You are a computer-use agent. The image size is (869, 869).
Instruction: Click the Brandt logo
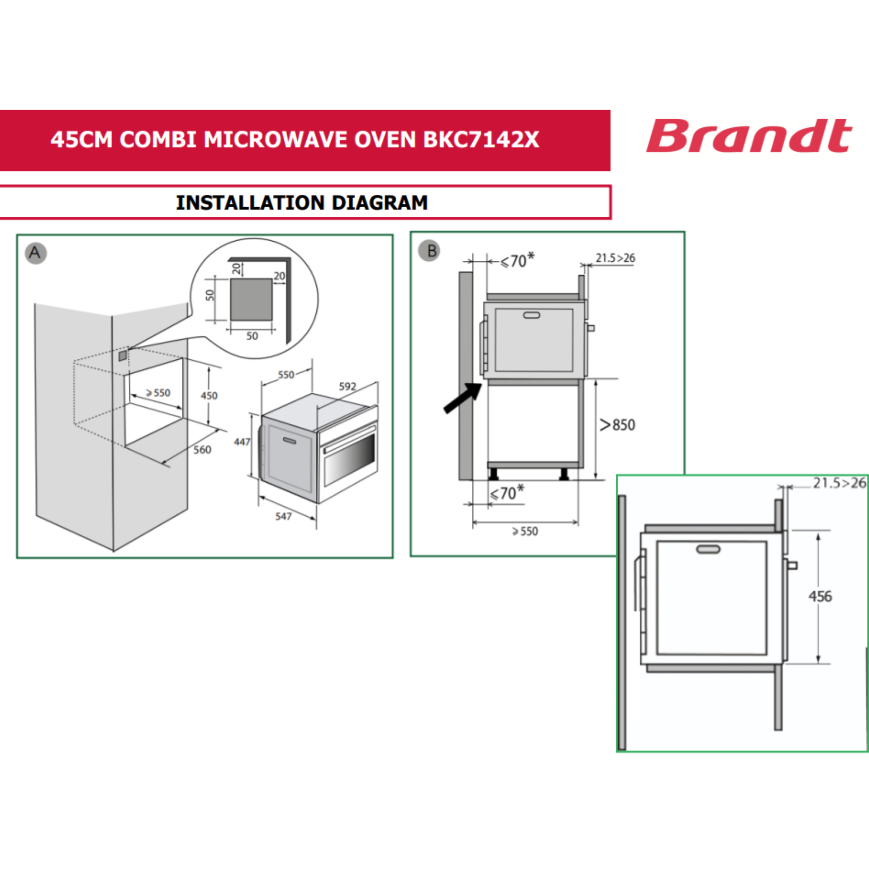(x=749, y=136)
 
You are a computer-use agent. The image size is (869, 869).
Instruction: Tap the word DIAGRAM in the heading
(x=380, y=203)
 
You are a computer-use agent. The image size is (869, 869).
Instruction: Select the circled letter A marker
(x=36, y=253)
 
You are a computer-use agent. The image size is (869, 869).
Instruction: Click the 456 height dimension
(x=820, y=597)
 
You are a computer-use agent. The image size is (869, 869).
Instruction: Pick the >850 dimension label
(x=617, y=425)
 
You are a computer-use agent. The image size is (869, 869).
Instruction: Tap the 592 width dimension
(x=347, y=386)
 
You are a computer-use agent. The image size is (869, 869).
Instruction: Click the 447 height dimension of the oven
(x=242, y=442)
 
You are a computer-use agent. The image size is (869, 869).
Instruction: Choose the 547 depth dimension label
(x=283, y=516)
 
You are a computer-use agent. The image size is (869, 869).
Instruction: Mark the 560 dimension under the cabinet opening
(x=202, y=450)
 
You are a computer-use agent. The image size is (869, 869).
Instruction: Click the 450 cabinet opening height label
(x=209, y=396)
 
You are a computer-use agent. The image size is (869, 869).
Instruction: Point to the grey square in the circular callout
(x=251, y=299)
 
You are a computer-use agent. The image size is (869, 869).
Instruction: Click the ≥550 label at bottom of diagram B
(x=525, y=532)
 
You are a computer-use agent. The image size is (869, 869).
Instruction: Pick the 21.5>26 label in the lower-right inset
(x=839, y=483)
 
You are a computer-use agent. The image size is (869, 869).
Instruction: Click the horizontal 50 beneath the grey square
(x=252, y=336)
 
